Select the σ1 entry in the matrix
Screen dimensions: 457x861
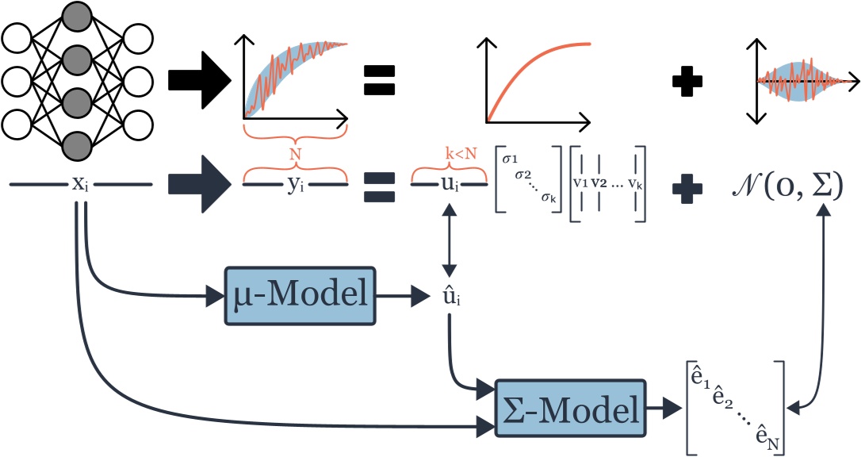click(511, 161)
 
